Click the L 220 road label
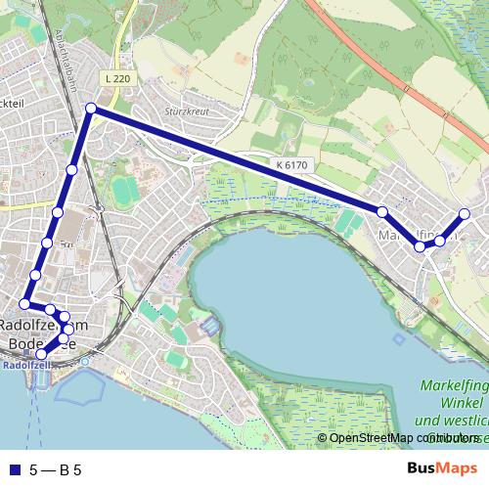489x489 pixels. pos(114,77)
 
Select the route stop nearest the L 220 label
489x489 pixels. pos(90,109)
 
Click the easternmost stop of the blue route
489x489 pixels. pos(465,214)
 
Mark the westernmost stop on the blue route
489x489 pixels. pos(25,303)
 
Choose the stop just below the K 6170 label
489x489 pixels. pos(382,212)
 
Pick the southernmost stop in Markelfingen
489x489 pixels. pos(421,246)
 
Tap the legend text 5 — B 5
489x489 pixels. pos(55,470)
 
